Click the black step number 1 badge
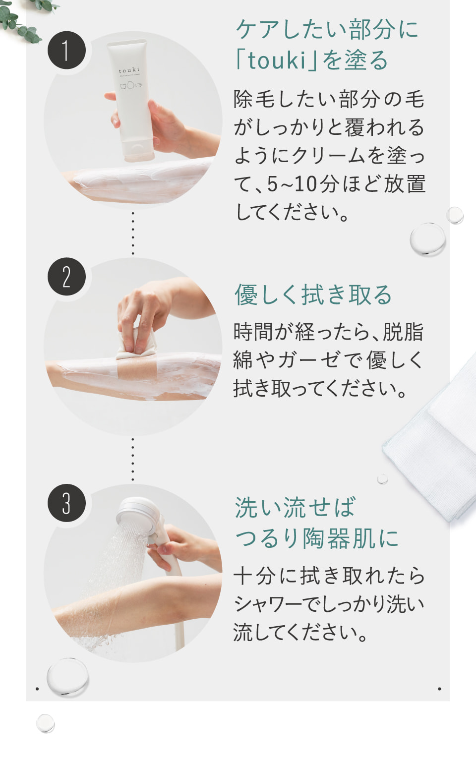66,50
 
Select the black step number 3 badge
66,503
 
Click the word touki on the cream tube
129,70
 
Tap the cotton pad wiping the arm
137,343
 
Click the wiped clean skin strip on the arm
137,371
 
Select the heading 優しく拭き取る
313,295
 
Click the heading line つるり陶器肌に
317,538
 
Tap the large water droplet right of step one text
427,239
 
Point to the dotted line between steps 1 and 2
133,233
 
